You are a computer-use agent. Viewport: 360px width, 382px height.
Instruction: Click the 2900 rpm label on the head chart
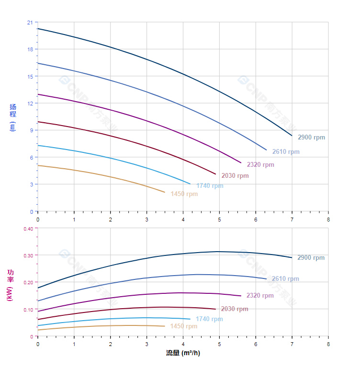point(311,138)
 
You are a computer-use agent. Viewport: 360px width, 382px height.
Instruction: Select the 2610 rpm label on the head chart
point(286,152)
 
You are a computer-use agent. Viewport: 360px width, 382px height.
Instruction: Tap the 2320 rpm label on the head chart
point(260,165)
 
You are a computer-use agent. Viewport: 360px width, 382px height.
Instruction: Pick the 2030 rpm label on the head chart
point(235,176)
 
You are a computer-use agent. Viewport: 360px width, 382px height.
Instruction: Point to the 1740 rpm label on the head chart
point(210,186)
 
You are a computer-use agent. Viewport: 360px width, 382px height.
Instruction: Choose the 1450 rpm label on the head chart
point(184,194)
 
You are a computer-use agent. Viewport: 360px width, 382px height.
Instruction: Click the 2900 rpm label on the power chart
point(311,258)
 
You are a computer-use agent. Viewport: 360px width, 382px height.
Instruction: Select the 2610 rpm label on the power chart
point(285,279)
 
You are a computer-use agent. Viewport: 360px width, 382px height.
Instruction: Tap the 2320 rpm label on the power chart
point(260,296)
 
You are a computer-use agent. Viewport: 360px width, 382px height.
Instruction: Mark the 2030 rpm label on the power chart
point(235,309)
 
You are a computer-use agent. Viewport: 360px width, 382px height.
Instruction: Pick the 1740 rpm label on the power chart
point(209,319)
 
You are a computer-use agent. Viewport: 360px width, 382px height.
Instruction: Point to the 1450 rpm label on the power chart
point(184,326)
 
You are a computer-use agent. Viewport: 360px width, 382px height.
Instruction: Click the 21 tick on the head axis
point(30,23)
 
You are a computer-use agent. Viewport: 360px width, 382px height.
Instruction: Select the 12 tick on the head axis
point(30,104)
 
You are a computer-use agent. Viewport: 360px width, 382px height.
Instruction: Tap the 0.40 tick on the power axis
point(28,229)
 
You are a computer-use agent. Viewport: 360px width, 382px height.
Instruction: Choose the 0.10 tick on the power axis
point(28,310)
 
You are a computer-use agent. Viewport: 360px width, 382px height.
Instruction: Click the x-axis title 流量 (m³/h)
point(183,353)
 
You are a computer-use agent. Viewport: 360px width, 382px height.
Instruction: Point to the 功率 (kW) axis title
point(11,285)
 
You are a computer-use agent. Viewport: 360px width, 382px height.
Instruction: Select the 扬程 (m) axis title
point(13,117)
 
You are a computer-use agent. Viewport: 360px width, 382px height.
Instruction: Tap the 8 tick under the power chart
point(328,344)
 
